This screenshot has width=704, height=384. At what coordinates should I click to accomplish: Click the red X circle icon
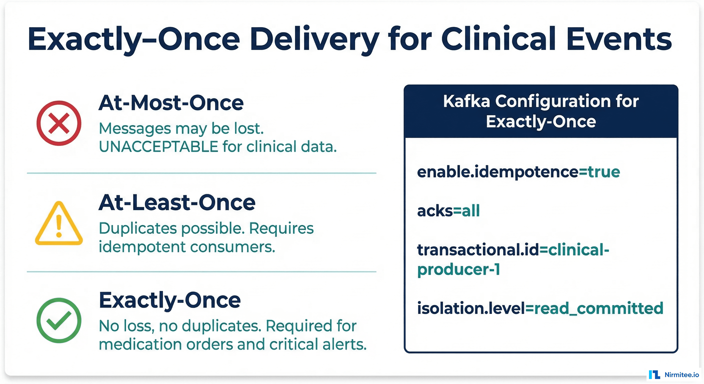click(59, 123)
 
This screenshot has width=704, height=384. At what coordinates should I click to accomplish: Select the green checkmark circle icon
click(59, 320)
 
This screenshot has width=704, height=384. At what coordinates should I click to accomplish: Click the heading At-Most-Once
click(171, 103)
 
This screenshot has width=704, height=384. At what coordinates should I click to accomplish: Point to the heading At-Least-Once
click(177, 202)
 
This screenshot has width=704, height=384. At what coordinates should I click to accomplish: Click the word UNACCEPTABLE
click(158, 147)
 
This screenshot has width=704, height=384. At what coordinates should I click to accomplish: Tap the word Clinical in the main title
click(498, 39)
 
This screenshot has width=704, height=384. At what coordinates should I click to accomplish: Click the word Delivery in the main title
click(314, 39)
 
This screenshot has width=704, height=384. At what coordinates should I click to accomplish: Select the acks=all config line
click(448, 211)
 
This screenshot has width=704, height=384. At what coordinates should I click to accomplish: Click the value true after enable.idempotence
click(604, 172)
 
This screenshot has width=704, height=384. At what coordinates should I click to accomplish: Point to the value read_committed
click(598, 308)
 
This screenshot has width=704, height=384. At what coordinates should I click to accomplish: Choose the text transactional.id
click(477, 250)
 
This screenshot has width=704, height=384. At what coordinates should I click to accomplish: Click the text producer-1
click(458, 270)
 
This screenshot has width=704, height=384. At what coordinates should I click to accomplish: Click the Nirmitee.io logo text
click(681, 375)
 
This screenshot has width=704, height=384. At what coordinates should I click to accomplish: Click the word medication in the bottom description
click(140, 344)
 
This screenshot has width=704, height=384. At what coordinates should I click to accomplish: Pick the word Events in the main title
click(619, 39)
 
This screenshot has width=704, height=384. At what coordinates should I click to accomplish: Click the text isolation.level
click(470, 308)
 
